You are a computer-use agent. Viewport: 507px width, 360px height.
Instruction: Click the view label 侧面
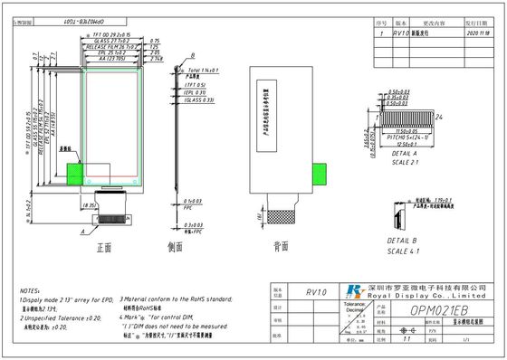point(178,245)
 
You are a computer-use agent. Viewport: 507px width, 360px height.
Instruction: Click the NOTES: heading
point(30,293)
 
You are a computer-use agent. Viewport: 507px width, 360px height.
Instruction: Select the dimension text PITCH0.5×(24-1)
point(404,137)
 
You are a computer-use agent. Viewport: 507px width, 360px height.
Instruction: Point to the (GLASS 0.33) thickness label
point(201,100)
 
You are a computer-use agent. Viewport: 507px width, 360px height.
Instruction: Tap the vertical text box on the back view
point(261,106)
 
